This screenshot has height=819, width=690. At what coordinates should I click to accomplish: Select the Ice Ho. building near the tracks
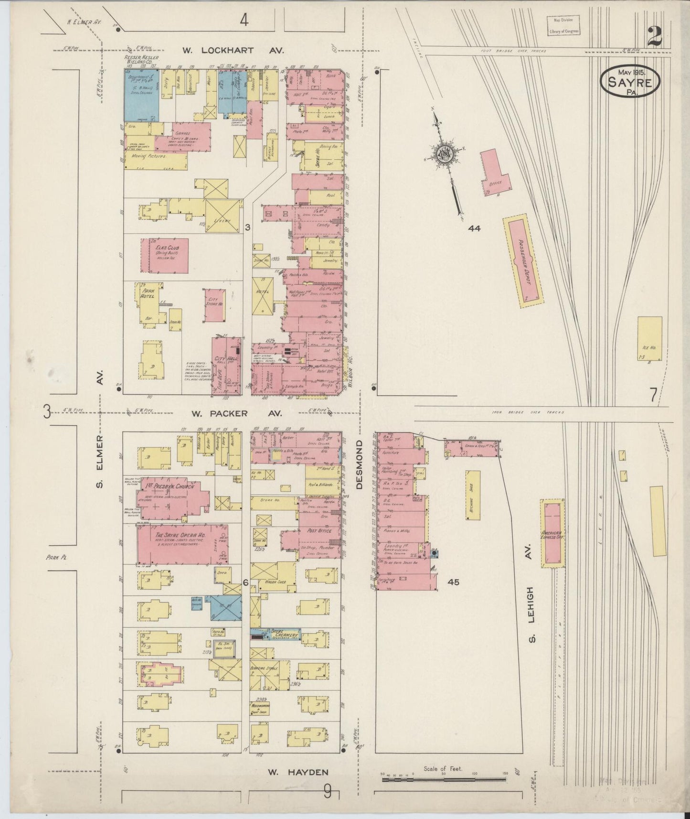pos(649,338)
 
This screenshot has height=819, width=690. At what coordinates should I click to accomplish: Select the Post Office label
pos(313,530)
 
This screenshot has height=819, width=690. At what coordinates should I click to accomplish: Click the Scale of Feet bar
pos(444,779)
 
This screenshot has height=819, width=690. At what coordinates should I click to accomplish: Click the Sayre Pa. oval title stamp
pos(630,82)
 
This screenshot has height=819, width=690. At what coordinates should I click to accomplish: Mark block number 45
pos(453,582)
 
